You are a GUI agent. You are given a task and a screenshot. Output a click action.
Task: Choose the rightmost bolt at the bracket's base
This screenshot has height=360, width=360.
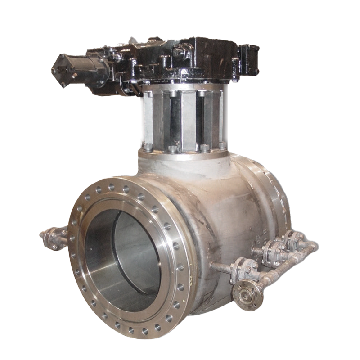(222, 145)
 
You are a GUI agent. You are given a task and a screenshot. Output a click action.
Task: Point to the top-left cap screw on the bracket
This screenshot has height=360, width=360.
(173, 94)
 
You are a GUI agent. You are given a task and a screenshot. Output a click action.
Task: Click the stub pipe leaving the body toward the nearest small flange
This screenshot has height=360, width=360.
(220, 267)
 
